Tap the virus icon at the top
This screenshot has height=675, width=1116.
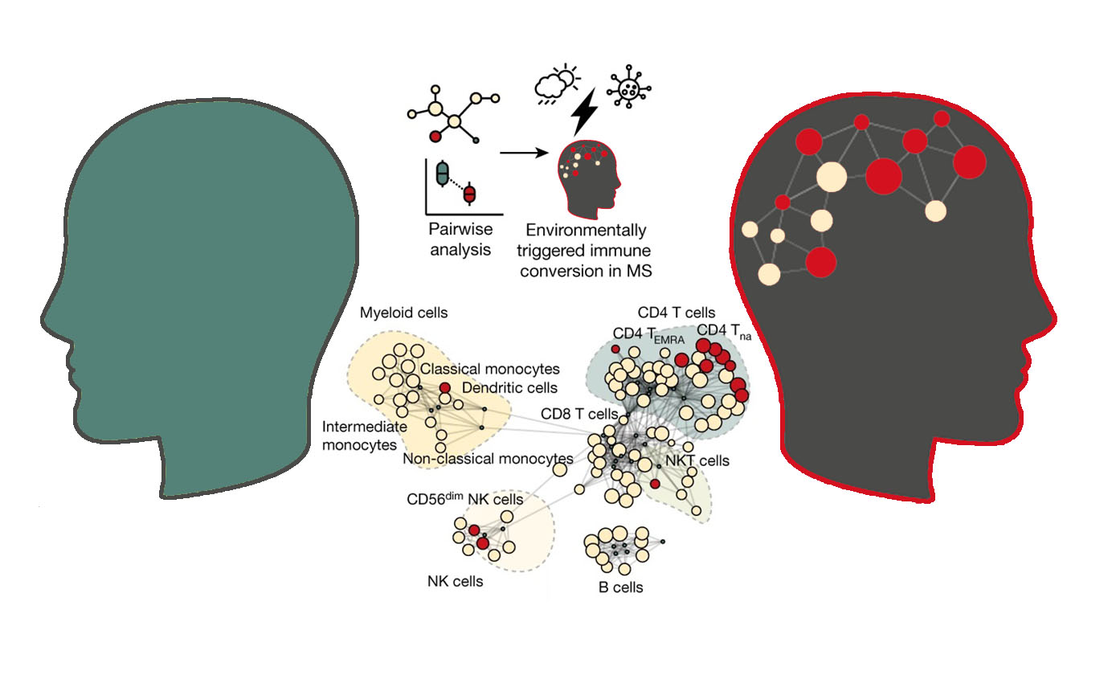tap(629, 87)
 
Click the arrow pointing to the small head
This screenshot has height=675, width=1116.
tap(524, 153)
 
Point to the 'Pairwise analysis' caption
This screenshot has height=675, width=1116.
tap(460, 239)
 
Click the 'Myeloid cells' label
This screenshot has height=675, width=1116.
tap(403, 313)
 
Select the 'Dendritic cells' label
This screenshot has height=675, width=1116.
tap(509, 387)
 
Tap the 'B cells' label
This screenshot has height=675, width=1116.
tap(621, 587)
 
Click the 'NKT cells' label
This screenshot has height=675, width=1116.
tap(697, 460)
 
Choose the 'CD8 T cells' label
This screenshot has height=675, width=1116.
tap(579, 414)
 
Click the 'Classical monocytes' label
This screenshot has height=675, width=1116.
tap(490, 369)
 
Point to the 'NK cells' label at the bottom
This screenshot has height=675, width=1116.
tap(456, 581)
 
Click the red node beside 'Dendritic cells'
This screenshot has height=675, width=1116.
tap(445, 387)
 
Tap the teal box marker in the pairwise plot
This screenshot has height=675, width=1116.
tap(442, 174)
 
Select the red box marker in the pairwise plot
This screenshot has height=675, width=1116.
tap(469, 194)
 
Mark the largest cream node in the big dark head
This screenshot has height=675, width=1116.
tap(832, 177)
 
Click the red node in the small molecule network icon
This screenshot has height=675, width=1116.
tap(435, 136)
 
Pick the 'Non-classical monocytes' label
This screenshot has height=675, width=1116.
tap(488, 458)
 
